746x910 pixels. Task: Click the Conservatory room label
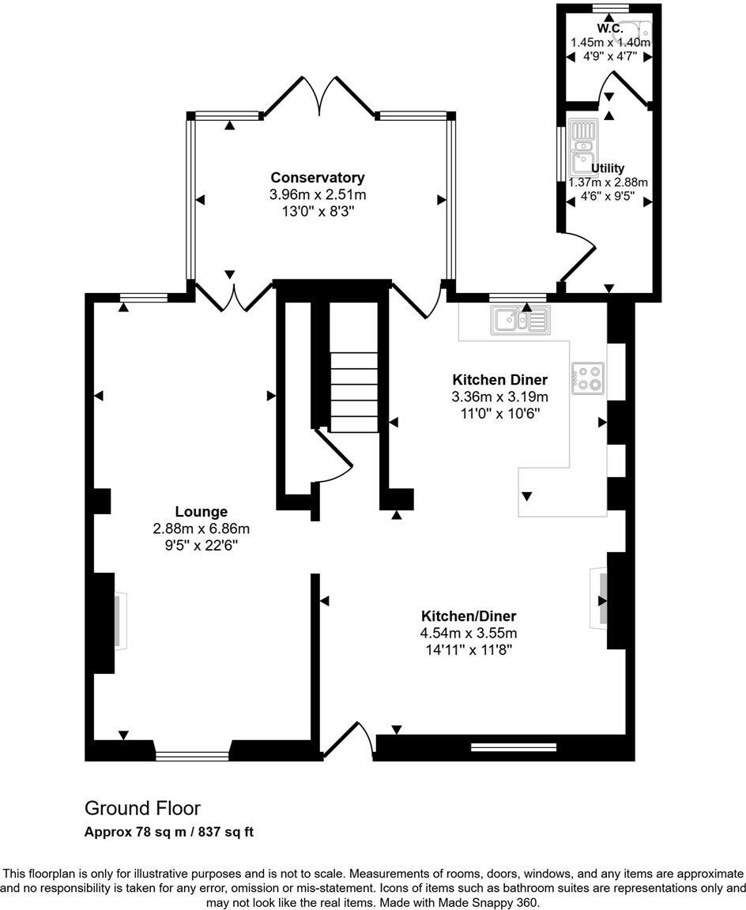tap(318, 178)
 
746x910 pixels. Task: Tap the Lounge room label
tap(202, 512)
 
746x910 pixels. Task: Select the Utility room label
tap(608, 168)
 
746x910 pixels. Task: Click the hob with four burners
tap(588, 378)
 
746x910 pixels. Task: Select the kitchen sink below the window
tap(520, 320)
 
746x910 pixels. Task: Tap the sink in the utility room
tap(584, 150)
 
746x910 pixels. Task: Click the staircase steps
tap(354, 391)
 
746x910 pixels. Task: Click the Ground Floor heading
tap(142, 808)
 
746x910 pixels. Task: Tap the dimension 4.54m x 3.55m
tap(468, 633)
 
